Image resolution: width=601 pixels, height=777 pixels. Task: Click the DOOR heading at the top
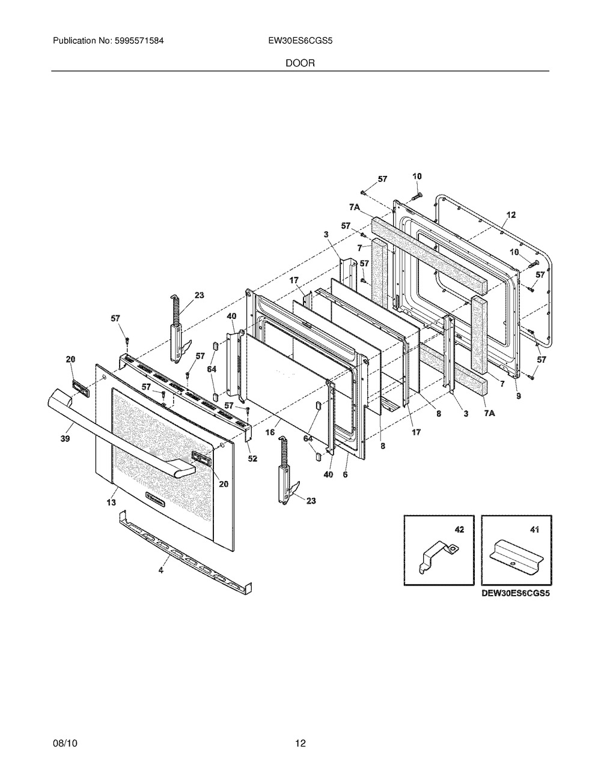point(300,63)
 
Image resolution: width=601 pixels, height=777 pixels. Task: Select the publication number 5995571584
point(139,41)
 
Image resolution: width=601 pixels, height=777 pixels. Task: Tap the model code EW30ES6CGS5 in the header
point(300,41)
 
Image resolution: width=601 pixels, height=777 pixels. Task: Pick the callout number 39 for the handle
point(65,438)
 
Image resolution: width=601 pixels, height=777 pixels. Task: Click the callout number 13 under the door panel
point(111,503)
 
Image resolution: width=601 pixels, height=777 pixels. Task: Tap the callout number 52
point(252,458)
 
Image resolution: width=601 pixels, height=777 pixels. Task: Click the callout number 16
point(270,432)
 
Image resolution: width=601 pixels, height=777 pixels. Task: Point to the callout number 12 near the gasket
point(511,215)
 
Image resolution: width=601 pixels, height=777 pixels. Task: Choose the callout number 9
point(519,396)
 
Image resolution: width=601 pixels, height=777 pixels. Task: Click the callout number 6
point(345,474)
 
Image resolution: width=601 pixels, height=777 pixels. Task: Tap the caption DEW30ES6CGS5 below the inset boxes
point(516,594)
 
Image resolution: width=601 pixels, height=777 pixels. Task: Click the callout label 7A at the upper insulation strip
point(354,208)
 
